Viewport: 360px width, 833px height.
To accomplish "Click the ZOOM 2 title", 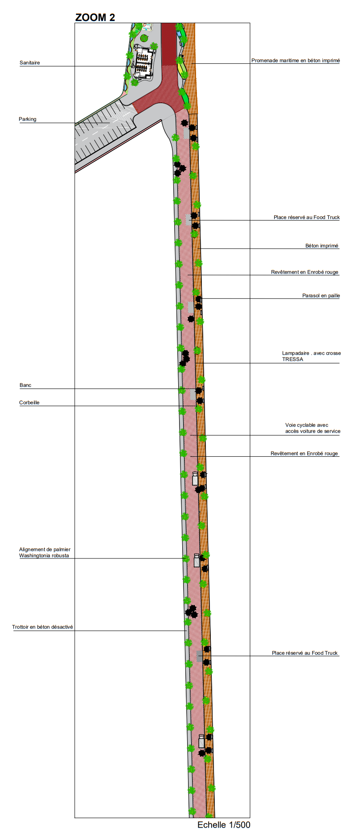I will pyautogui.click(x=95, y=17).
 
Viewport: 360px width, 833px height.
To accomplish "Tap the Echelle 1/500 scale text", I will pyautogui.click(x=224, y=825).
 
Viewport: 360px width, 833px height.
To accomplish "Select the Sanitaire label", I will pyautogui.click(x=29, y=63).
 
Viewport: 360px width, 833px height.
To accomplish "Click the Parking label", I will pyautogui.click(x=28, y=119).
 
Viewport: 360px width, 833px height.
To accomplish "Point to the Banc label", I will pyautogui.click(x=25, y=385).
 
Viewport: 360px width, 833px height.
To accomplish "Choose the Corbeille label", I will pyautogui.click(x=29, y=403).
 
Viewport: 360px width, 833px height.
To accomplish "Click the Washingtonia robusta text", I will pyautogui.click(x=44, y=556).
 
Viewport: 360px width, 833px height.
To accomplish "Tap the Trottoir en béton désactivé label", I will pyautogui.click(x=42, y=627).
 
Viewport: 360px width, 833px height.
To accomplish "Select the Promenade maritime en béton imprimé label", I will pyautogui.click(x=295, y=61).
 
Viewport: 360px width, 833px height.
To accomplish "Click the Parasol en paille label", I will pyautogui.click(x=321, y=296).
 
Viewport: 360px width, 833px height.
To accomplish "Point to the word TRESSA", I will pyautogui.click(x=293, y=359).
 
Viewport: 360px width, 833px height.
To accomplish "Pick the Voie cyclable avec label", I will pyautogui.click(x=307, y=425).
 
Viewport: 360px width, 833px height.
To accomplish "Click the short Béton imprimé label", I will pyautogui.click(x=322, y=246).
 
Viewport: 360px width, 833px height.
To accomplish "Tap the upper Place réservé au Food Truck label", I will pyautogui.click(x=306, y=217).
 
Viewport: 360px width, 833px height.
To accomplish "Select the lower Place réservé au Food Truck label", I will pyautogui.click(x=305, y=653).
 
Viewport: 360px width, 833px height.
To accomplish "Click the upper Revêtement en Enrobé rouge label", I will pyautogui.click(x=305, y=272).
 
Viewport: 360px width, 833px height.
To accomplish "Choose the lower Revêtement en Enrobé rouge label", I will pyautogui.click(x=304, y=454).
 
